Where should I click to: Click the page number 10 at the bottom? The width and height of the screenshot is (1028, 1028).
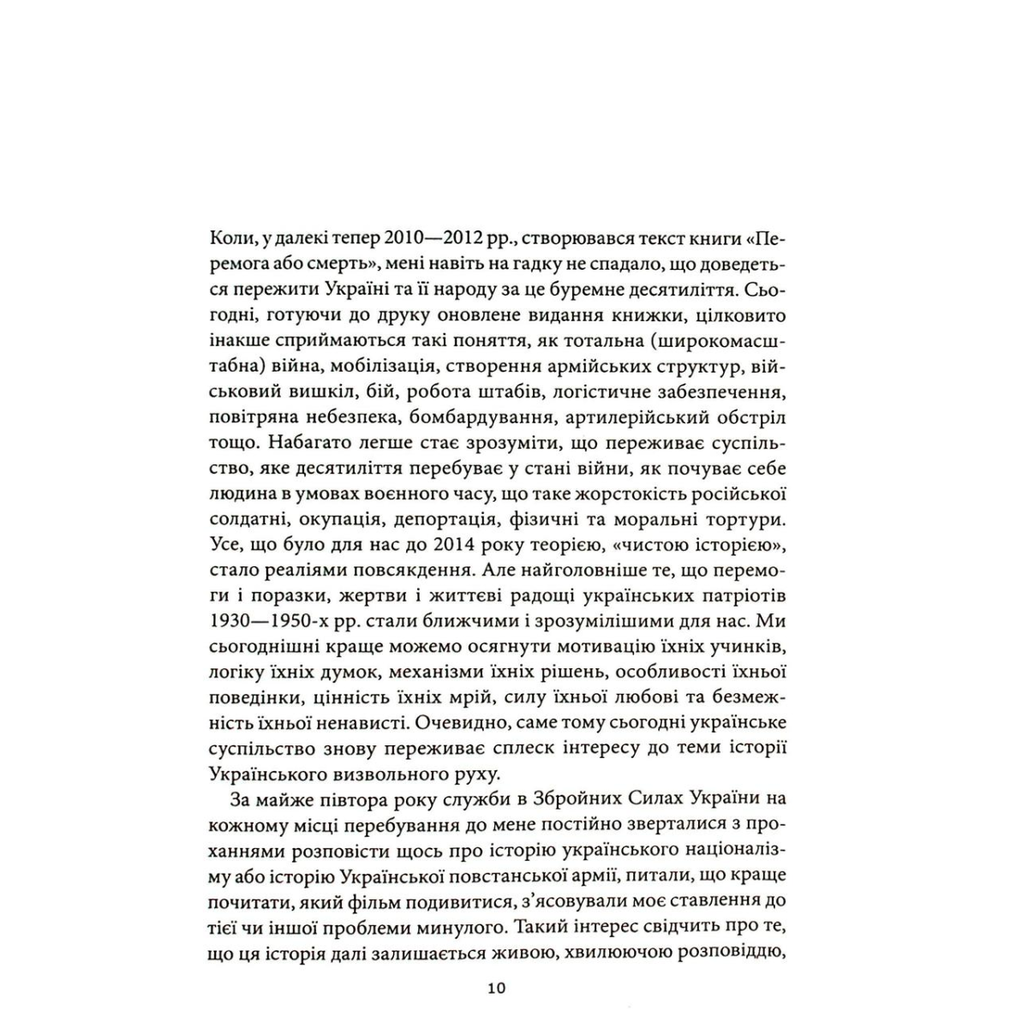pyautogui.click(x=497, y=987)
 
